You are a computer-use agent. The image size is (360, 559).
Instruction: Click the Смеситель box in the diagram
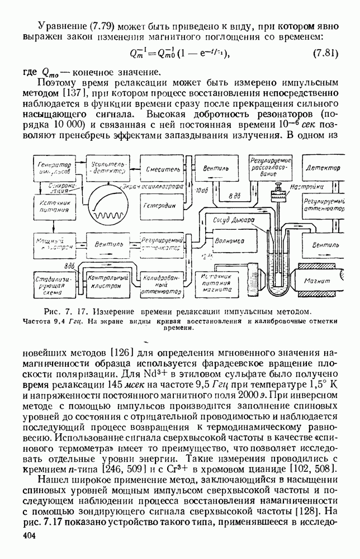click(162, 169)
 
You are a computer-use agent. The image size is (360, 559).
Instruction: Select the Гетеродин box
click(162, 205)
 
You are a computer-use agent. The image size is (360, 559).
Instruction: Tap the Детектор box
click(323, 169)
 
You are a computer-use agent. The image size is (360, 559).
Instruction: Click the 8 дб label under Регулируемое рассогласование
click(235, 197)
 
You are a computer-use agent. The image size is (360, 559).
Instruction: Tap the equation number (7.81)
click(324, 54)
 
